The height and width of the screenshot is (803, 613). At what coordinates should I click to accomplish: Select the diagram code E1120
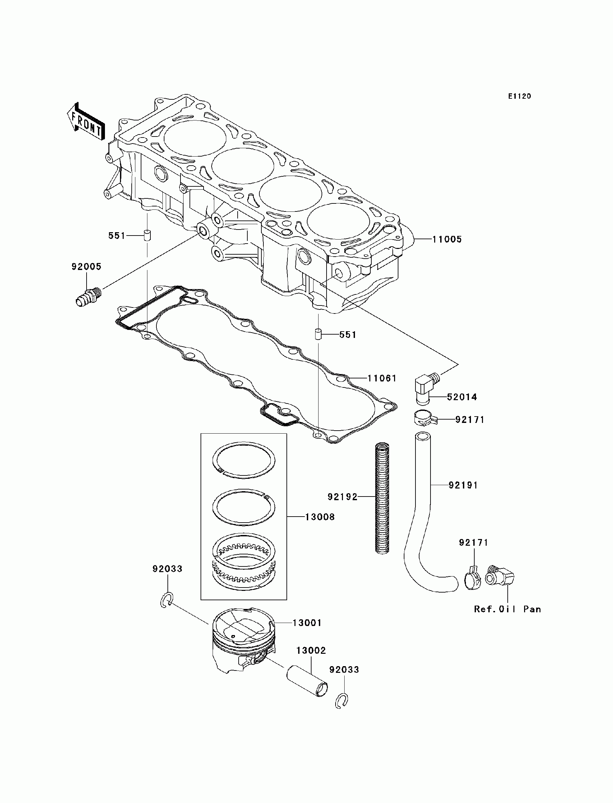(520, 96)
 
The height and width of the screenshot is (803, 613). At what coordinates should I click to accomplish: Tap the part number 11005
(447, 240)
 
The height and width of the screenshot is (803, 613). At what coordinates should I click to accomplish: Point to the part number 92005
(87, 267)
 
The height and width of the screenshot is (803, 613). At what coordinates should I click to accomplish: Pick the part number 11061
(382, 378)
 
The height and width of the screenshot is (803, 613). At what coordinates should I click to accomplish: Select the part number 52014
(462, 397)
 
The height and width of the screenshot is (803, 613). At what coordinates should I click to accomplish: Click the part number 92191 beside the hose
(463, 485)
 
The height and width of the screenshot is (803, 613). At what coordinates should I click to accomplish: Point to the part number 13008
(320, 517)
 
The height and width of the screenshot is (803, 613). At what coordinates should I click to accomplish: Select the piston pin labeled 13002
(306, 682)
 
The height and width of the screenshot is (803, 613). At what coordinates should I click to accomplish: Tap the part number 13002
(311, 650)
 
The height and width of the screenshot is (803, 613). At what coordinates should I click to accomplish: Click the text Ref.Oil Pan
(507, 609)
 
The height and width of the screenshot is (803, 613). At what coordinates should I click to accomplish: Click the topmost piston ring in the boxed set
(244, 460)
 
